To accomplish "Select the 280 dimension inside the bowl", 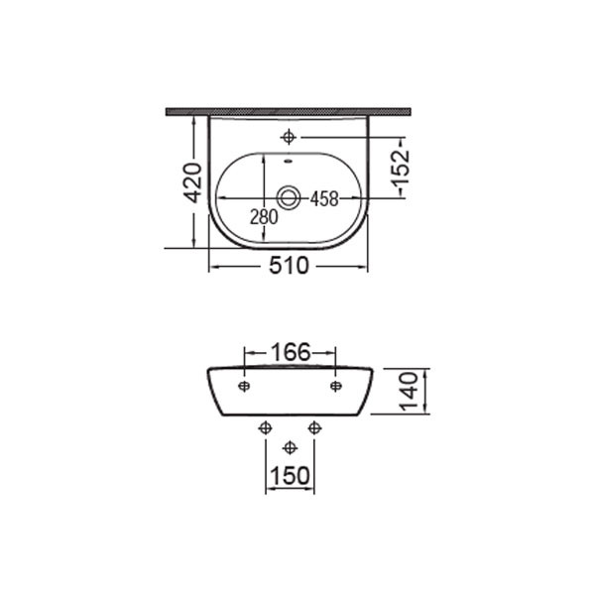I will [264, 216].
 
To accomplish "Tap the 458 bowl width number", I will [324, 198].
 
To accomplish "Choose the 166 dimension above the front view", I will [291, 351].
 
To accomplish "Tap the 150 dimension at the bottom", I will [290, 475].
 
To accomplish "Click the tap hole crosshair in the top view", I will [289, 137].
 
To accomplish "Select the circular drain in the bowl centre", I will [289, 198].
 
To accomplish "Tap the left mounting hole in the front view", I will [244, 385].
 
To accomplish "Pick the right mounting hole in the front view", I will [335, 385].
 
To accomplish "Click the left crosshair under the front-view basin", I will [264, 427].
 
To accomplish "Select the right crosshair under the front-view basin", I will [314, 427].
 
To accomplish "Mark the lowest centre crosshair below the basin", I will [290, 447].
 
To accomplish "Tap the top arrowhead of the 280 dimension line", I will [264, 158].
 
